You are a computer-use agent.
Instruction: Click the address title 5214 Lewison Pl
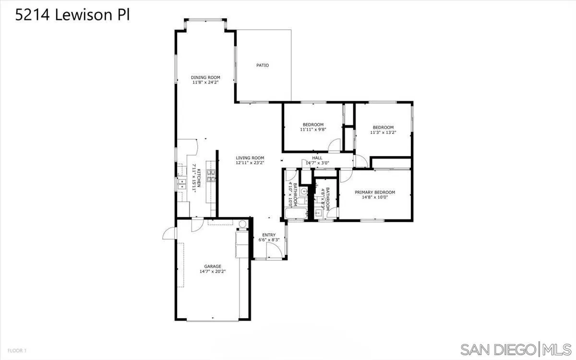tap(72, 15)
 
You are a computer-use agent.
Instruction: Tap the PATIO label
tap(262, 65)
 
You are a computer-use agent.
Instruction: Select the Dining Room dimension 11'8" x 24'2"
tap(205, 83)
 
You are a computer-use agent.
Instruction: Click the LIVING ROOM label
tap(250, 158)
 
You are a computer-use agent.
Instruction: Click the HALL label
tap(317, 158)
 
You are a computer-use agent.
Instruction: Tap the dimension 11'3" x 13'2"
tap(383, 132)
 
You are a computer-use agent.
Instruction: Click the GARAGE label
tap(213, 266)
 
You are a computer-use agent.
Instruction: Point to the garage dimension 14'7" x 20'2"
tap(213, 272)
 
